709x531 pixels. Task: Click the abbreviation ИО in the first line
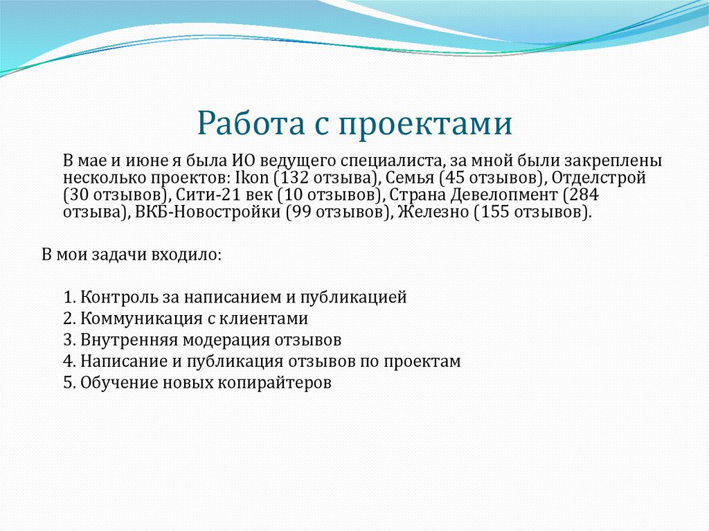tap(242, 160)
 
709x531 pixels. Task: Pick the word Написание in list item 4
tap(113, 361)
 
